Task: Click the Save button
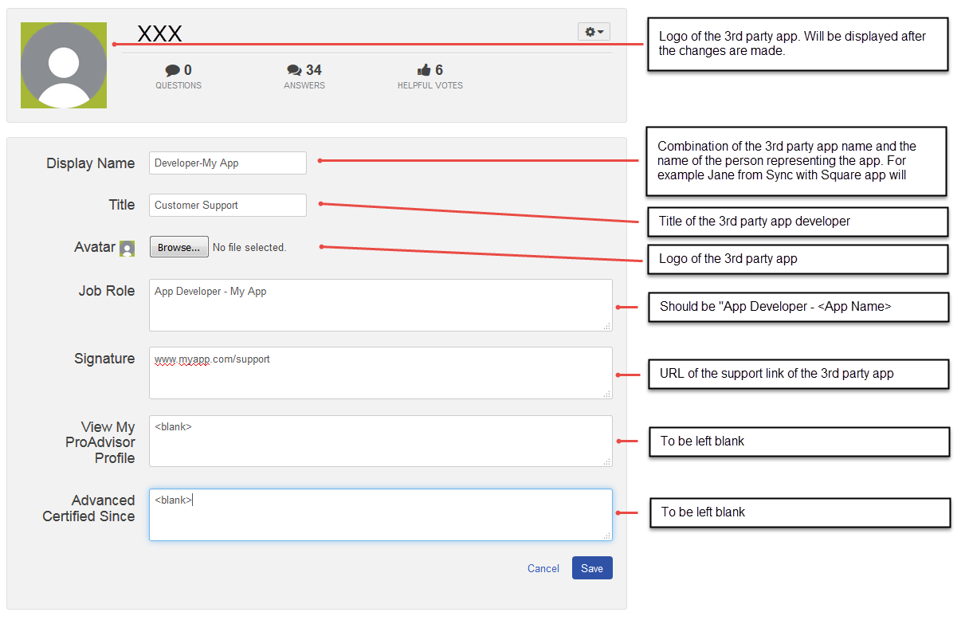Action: (x=592, y=568)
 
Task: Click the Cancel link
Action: (x=543, y=568)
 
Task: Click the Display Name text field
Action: (x=228, y=163)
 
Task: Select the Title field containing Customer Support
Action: (x=228, y=205)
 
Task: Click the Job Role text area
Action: (x=380, y=305)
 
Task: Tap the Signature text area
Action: (x=380, y=373)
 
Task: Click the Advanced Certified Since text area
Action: (x=380, y=515)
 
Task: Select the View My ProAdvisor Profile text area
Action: (x=380, y=441)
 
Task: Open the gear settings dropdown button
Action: (x=594, y=32)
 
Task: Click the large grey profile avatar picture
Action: (x=64, y=65)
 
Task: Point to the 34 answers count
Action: (x=313, y=70)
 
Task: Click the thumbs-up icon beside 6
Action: (x=424, y=70)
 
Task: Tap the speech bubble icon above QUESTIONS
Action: (x=172, y=70)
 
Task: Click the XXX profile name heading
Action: (x=159, y=33)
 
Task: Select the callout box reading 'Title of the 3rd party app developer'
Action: (x=798, y=222)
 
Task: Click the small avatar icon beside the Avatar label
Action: (x=127, y=249)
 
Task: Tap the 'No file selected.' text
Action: (x=249, y=248)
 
